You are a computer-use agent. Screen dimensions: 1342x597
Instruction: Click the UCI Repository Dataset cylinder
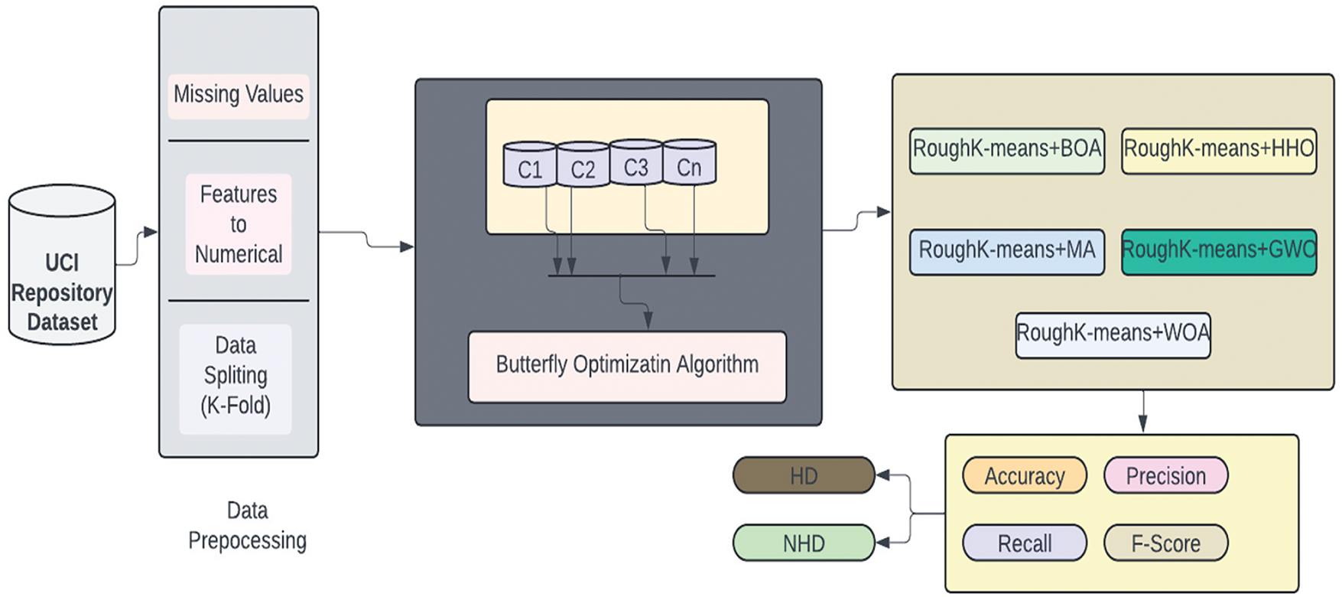pos(62,264)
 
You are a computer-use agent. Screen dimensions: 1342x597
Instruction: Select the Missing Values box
pos(239,96)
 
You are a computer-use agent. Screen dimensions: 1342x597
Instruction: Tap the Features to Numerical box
pos(239,223)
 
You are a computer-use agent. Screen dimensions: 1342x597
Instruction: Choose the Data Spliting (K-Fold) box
pos(236,379)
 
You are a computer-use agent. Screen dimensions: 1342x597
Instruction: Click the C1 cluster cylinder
pos(530,164)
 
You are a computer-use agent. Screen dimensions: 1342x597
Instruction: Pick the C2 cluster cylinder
pos(583,164)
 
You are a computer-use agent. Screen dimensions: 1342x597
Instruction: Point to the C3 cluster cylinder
pos(636,162)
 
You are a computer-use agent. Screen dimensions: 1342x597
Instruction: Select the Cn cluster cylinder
pos(690,162)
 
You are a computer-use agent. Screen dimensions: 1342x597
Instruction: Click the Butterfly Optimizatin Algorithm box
pos(627,367)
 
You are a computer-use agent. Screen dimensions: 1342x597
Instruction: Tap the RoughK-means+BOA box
pos(1007,151)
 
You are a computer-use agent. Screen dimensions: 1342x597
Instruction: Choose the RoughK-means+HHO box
pos(1219,151)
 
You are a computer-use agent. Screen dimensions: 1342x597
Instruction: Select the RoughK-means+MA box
pos(1007,252)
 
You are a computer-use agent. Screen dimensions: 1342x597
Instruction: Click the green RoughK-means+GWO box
pos(1219,252)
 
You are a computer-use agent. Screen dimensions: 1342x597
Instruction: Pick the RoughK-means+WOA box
pos(1113,335)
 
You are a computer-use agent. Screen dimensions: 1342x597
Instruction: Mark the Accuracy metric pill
pos(1025,475)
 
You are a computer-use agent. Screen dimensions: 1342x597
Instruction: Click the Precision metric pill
pos(1166,475)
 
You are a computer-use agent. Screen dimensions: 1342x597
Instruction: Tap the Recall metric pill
pos(1025,543)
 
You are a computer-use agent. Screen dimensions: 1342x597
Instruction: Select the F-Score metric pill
pos(1166,543)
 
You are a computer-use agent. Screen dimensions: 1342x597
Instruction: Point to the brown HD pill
pos(804,475)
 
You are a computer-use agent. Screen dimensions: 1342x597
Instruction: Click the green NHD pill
pos(804,543)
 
